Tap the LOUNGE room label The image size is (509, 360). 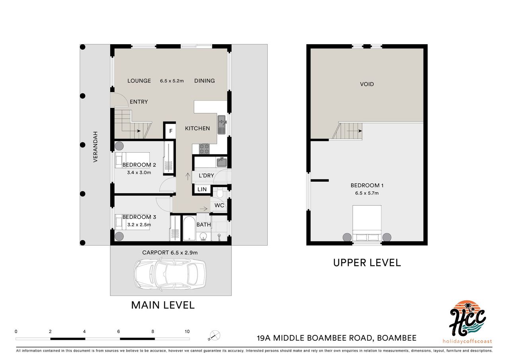(139, 81)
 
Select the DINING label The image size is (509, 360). (204, 81)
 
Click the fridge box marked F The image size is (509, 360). (171, 131)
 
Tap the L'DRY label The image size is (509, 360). (206, 176)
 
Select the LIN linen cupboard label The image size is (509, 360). (202, 189)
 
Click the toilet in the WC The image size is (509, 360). (220, 193)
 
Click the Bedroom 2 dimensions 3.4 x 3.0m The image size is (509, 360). (136, 172)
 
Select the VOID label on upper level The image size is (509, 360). (367, 84)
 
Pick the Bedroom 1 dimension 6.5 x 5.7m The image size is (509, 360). (367, 193)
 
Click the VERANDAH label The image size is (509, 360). (95, 147)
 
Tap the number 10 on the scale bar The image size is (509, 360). (187, 331)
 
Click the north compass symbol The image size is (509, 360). (214, 336)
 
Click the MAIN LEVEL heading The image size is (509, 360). (163, 305)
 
